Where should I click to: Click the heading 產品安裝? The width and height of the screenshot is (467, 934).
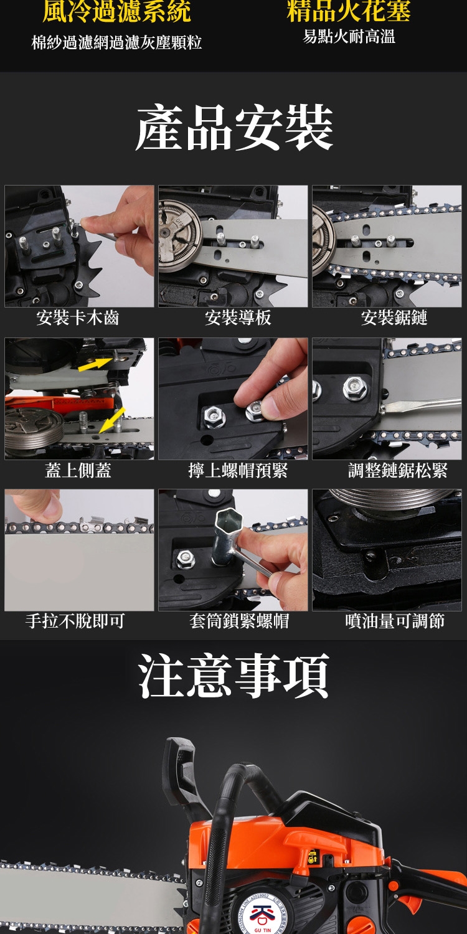[x=234, y=128]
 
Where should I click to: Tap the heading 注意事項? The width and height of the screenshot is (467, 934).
[x=233, y=676]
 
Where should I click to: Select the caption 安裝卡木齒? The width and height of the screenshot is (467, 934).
[x=78, y=318]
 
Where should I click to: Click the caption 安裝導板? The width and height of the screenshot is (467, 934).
[x=238, y=318]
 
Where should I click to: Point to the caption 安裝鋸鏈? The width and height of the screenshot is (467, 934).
[x=394, y=318]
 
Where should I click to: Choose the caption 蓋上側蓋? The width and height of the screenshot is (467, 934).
[x=78, y=470]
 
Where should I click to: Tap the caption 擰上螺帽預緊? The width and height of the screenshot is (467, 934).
[x=238, y=470]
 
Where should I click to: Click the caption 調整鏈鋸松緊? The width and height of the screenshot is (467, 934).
[x=397, y=470]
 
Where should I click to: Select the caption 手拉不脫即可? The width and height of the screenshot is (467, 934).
[x=75, y=621]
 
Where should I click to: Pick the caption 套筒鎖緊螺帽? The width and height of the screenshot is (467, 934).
[x=239, y=621]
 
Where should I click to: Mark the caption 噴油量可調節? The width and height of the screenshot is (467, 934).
[x=395, y=621]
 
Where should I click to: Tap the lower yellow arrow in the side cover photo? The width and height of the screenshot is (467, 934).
[x=111, y=420]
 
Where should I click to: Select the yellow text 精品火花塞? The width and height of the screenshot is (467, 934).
[x=349, y=11]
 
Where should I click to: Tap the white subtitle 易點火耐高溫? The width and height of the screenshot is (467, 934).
[x=349, y=37]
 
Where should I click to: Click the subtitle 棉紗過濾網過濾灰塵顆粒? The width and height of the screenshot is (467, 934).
[x=117, y=42]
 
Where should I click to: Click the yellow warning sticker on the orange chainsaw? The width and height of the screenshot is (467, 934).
[x=313, y=855]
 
